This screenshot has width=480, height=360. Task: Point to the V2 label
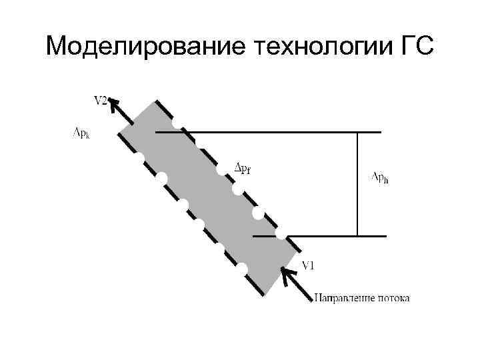click(101, 101)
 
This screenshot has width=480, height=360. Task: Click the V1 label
click(309, 265)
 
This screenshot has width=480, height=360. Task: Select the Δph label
click(381, 177)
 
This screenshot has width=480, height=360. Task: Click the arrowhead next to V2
click(113, 103)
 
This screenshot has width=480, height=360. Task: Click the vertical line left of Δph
click(357, 184)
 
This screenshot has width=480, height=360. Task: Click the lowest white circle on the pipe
click(242, 269)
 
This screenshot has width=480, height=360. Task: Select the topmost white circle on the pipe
click(176, 123)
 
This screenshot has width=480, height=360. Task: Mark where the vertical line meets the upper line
click(357, 132)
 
